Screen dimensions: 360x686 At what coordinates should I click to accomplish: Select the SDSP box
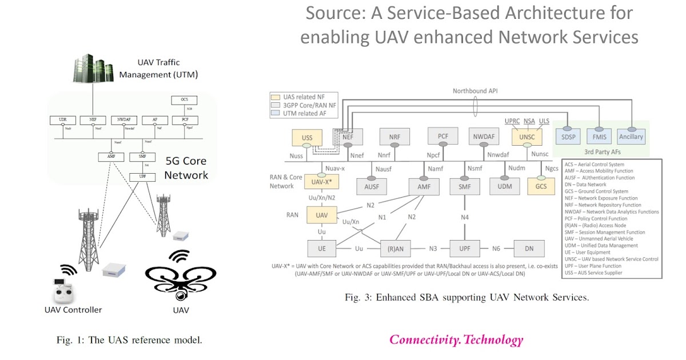pyautogui.click(x=570, y=137)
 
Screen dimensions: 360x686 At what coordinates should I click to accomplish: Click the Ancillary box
pyautogui.click(x=631, y=137)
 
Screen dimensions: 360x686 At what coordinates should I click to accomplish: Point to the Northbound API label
pyautogui.click(x=476, y=91)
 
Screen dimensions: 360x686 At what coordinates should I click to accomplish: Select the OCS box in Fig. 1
pyautogui.click(x=184, y=101)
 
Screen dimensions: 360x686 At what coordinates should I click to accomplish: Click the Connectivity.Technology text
pyautogui.click(x=456, y=340)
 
